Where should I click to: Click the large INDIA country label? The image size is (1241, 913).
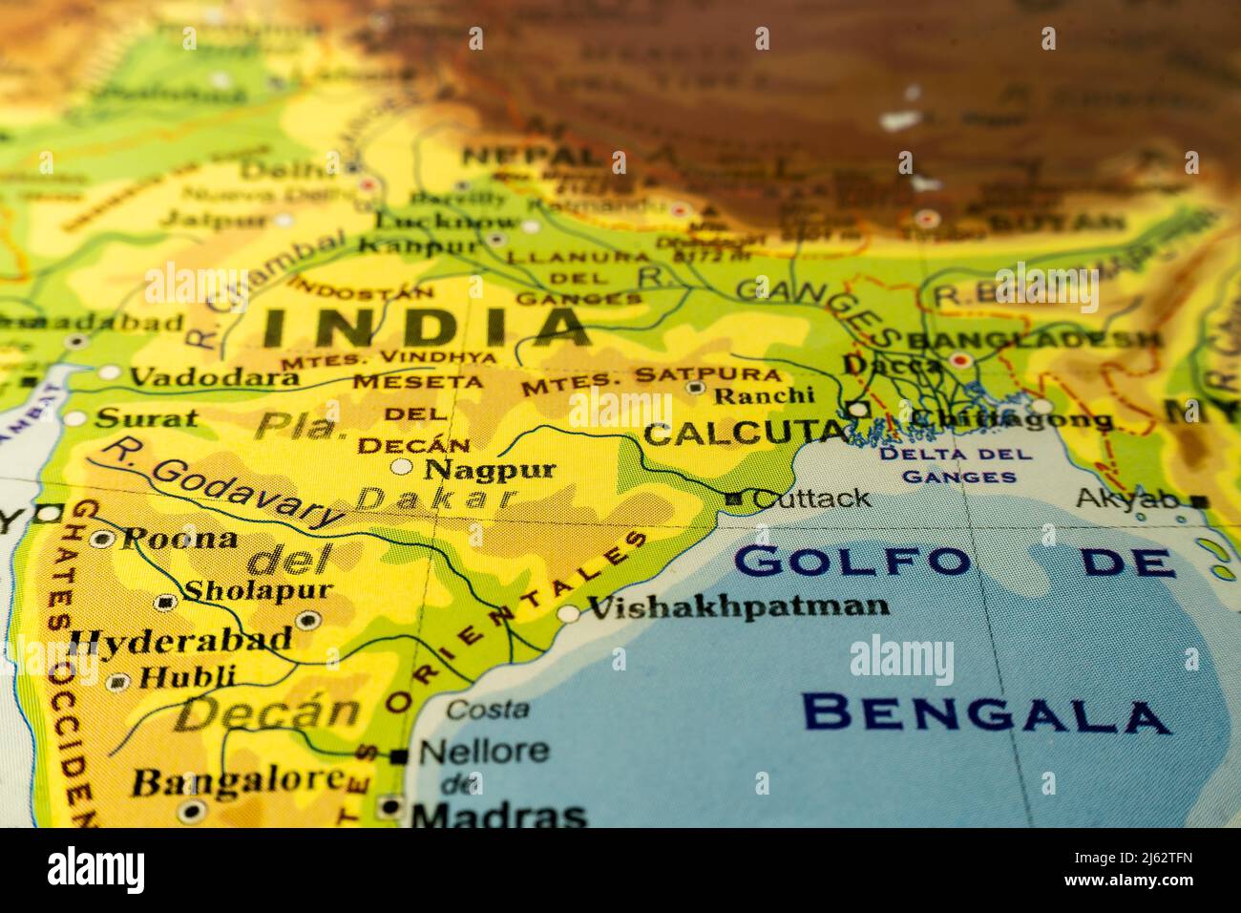(426, 327)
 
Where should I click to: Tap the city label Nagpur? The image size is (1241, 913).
(490, 469)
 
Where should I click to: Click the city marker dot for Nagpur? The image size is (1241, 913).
(403, 467)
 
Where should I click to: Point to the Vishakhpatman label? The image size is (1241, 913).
(737, 605)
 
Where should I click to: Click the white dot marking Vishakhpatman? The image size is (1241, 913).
(569, 614)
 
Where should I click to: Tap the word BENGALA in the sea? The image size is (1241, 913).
(986, 713)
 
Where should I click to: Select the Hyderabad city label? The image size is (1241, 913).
(181, 639)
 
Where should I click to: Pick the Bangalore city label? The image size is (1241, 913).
(237, 780)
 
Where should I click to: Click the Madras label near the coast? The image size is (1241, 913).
(498, 815)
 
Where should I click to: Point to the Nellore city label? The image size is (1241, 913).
(484, 751)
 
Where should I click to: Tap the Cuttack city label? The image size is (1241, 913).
(811, 498)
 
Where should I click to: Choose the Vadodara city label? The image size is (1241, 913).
(214, 377)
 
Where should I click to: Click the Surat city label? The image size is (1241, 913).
(148, 417)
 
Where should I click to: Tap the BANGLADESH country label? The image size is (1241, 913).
(1036, 339)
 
